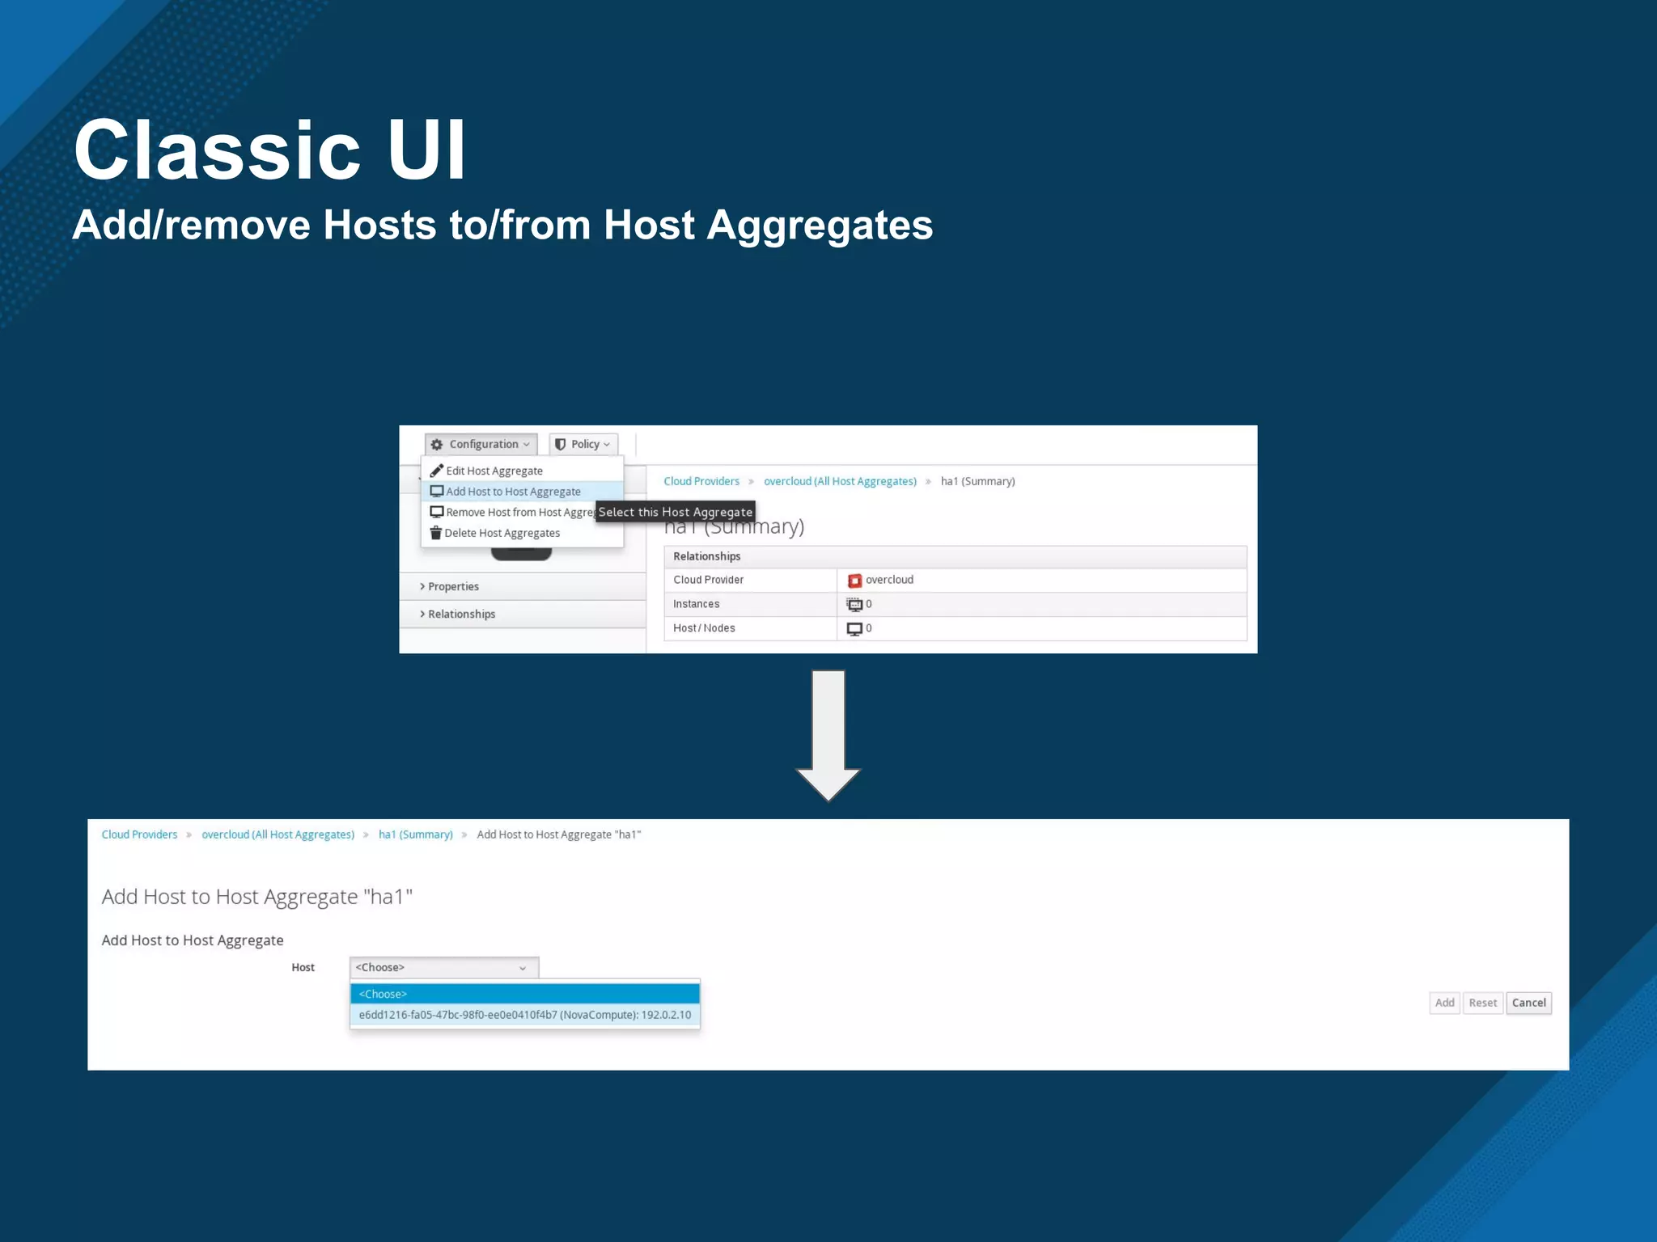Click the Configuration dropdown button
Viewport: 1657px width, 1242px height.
click(x=481, y=444)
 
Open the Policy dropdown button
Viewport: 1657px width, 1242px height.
click(x=583, y=444)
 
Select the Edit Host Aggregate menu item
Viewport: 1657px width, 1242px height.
click(x=494, y=471)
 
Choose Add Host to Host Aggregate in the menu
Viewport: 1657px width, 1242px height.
click(x=513, y=492)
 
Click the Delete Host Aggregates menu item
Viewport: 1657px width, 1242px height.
click(x=502, y=533)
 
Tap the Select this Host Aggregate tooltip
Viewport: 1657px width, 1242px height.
click(x=675, y=512)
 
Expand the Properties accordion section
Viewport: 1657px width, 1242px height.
click(x=453, y=586)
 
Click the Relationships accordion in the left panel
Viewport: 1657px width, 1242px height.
click(x=461, y=614)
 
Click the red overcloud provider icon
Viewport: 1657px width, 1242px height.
click(x=854, y=581)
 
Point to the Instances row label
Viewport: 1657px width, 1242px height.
click(x=696, y=604)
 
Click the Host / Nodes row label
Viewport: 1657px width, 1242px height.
click(x=704, y=628)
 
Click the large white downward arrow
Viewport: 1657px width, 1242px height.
click(x=828, y=732)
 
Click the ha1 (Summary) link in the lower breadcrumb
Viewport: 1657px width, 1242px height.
click(x=415, y=834)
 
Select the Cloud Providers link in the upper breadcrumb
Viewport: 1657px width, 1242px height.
click(x=701, y=481)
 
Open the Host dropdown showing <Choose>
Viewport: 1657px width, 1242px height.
click(x=443, y=967)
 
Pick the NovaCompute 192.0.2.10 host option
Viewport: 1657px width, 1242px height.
click(x=524, y=1015)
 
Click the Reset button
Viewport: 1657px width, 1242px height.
click(x=1482, y=1003)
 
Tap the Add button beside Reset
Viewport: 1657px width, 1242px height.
click(x=1444, y=1003)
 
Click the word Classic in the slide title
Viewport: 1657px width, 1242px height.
click(x=217, y=150)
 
